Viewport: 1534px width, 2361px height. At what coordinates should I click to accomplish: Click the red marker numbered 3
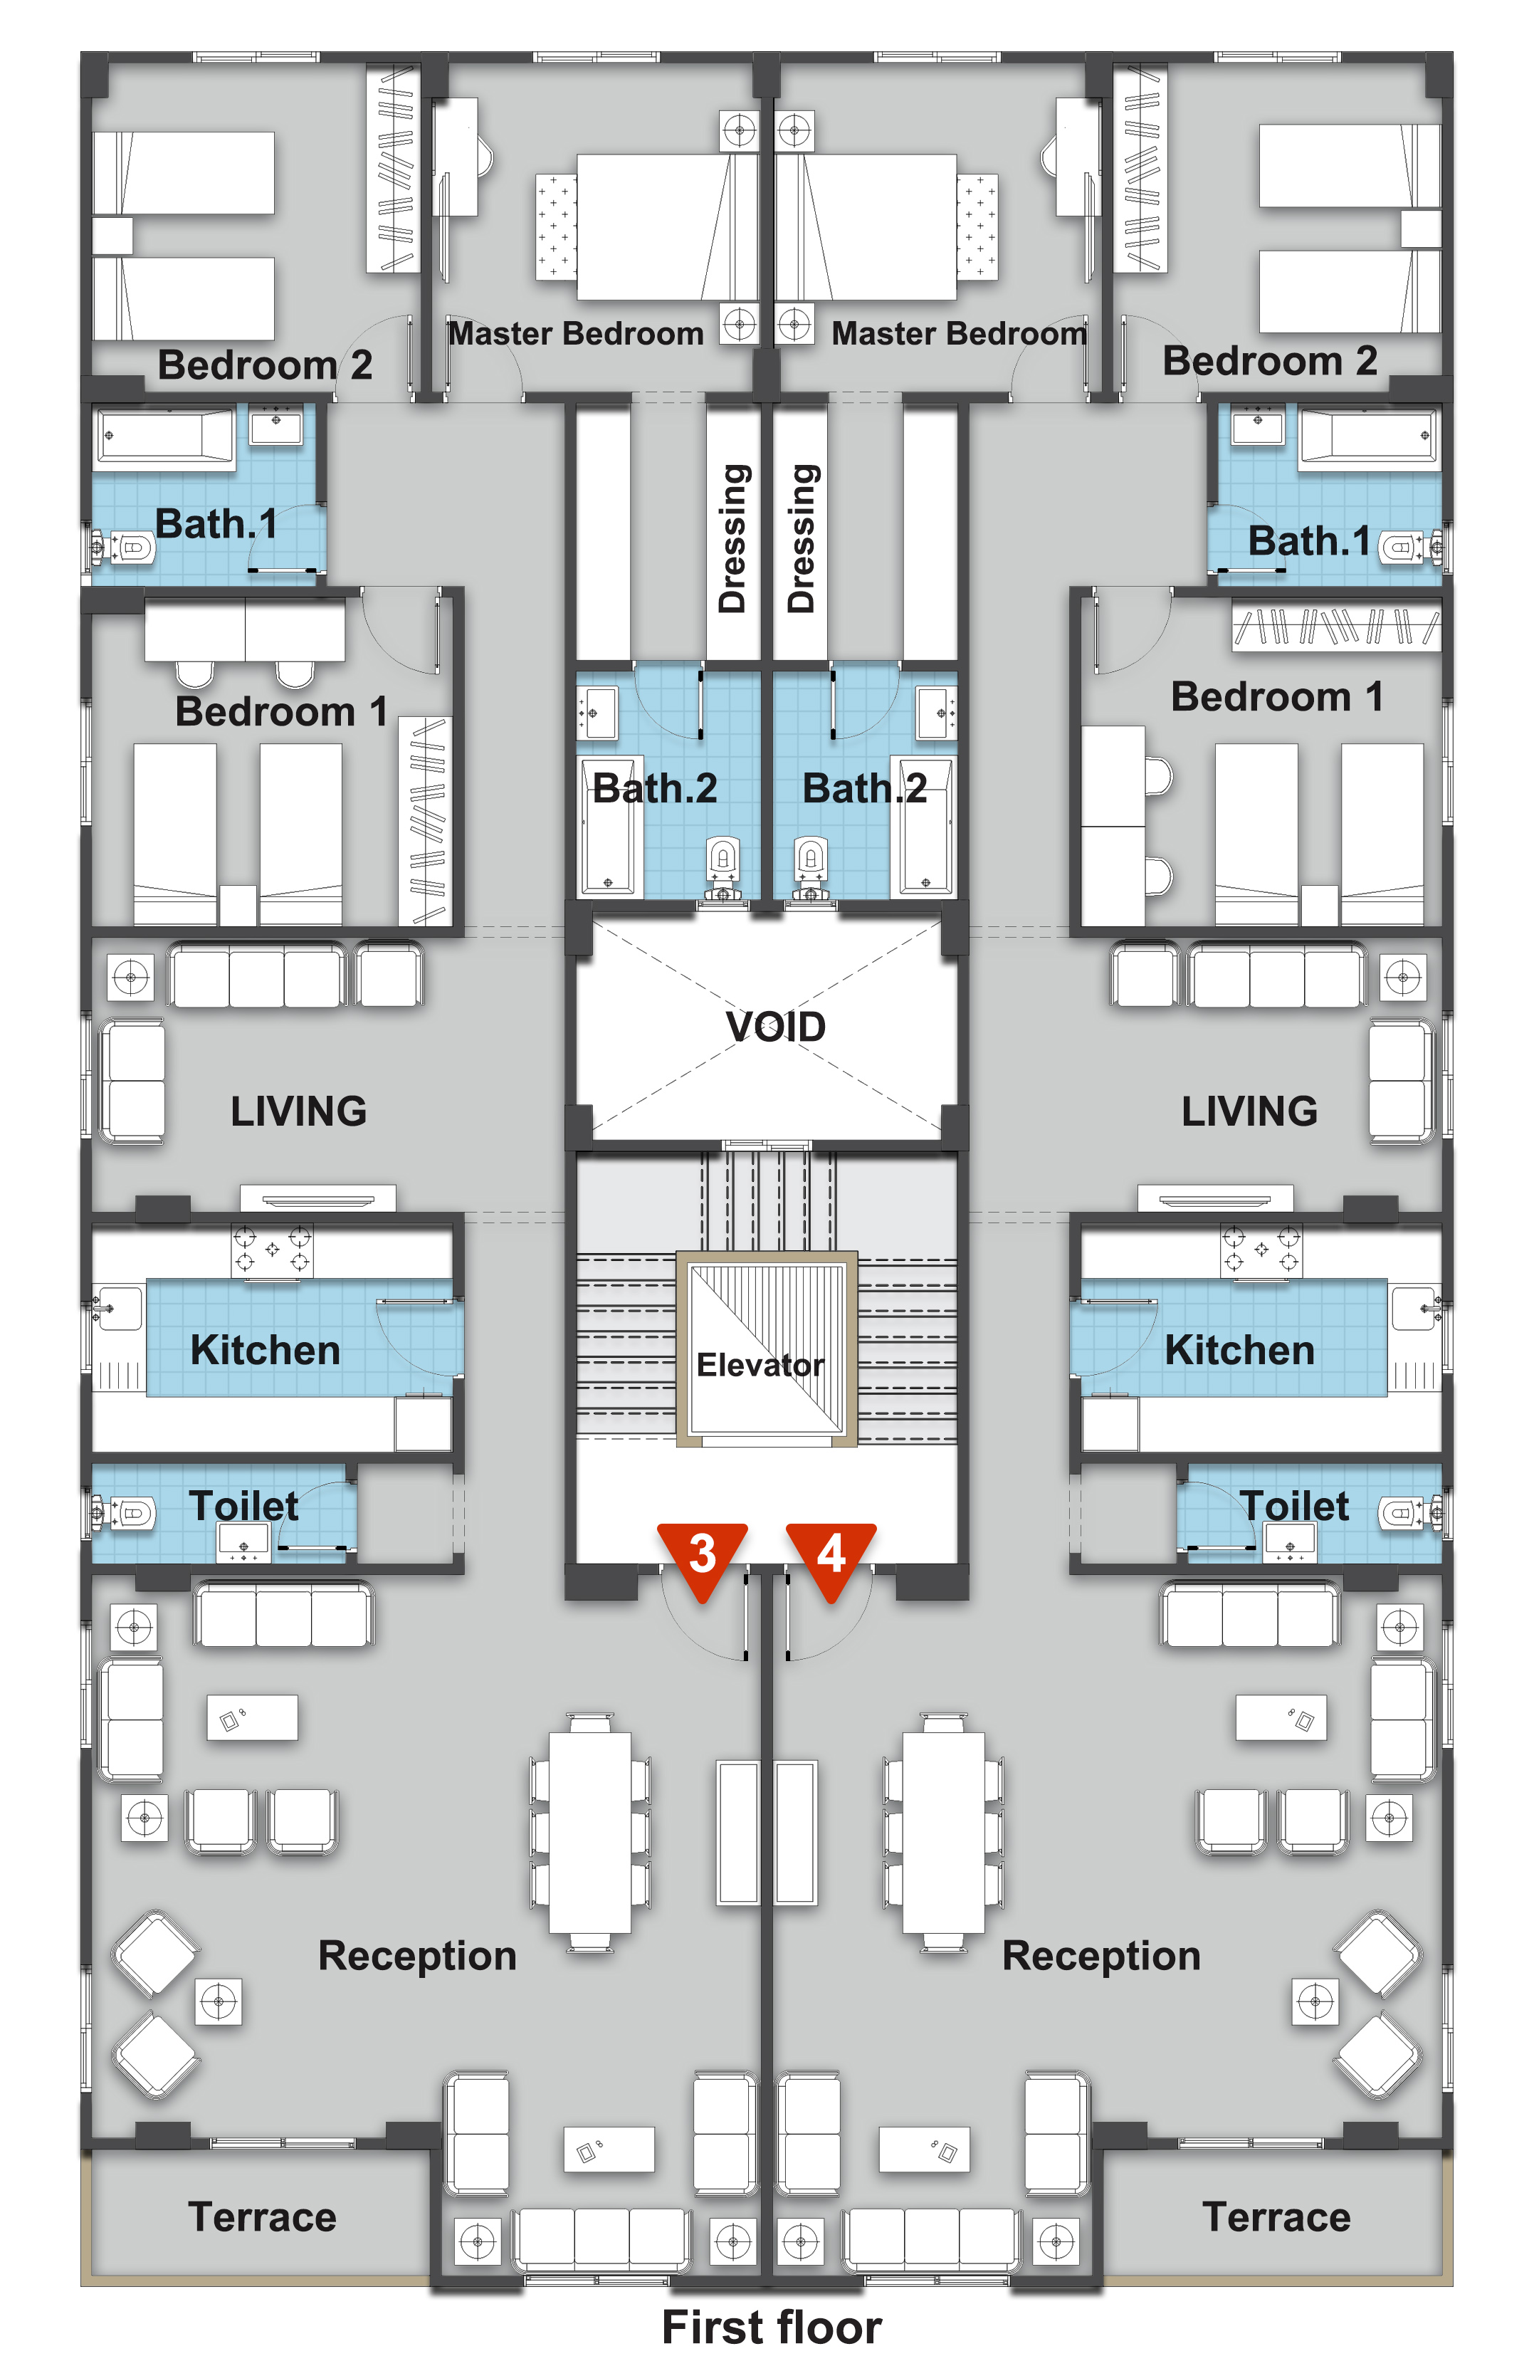coord(702,1559)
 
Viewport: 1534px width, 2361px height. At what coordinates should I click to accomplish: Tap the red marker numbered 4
coord(831,1559)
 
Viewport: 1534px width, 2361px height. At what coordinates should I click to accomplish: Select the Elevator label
coord(760,1365)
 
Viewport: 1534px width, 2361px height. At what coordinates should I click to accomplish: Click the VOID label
coord(775,1027)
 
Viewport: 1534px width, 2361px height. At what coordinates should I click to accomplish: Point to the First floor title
coord(772,2326)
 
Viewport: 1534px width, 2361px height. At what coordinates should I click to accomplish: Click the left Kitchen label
coord(265,1350)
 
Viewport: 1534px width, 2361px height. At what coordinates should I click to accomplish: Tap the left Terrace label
coord(263,2216)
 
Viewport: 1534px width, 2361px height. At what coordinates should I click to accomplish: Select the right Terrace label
coord(1276,2216)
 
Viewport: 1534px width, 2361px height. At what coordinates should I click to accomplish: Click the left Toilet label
coord(244,1506)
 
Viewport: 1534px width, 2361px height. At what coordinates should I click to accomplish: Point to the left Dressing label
coord(732,538)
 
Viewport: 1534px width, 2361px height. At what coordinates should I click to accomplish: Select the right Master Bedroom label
coord(959,333)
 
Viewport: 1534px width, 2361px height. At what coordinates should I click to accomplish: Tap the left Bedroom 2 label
coord(265,365)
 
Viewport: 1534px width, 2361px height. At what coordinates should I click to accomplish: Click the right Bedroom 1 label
coord(1276,696)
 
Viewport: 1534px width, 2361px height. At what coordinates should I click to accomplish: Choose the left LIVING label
coord(298,1111)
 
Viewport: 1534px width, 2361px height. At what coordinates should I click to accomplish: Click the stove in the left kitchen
coord(272,1250)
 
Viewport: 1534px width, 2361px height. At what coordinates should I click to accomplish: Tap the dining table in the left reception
coord(590,1832)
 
